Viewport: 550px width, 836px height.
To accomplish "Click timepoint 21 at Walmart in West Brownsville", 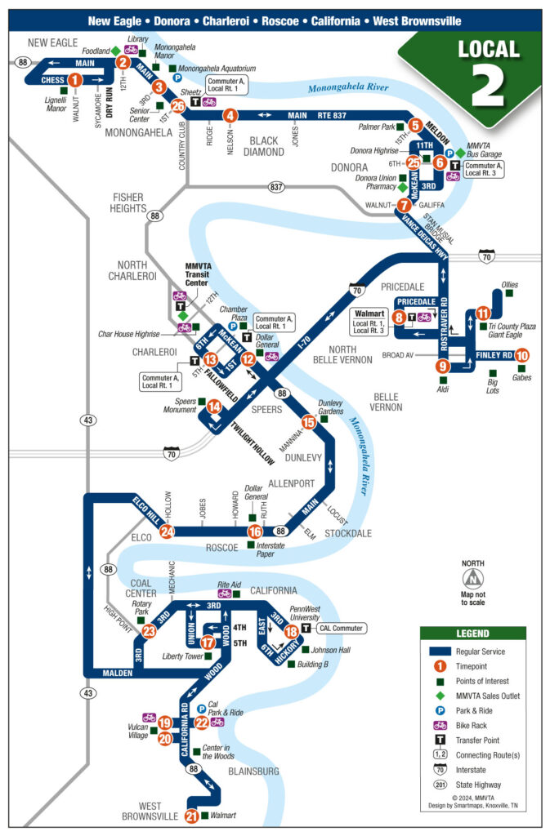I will click(x=191, y=816).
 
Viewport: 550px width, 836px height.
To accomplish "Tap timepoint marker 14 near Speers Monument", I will click(x=214, y=406).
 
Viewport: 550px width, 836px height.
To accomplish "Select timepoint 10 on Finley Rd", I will click(x=522, y=355).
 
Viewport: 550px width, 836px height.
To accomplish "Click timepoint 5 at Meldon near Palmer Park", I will click(x=415, y=126).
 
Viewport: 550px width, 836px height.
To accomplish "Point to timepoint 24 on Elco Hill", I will click(x=167, y=531).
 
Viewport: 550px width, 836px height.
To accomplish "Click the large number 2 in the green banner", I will click(x=488, y=86).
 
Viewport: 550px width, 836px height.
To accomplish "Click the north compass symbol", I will click(x=472, y=578).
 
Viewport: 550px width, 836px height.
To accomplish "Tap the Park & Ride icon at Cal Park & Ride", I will click(x=201, y=709).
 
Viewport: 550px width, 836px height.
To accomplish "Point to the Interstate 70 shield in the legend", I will click(x=440, y=769).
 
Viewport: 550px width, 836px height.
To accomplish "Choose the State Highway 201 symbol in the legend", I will click(x=440, y=785).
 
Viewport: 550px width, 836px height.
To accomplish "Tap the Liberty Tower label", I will click(x=181, y=656).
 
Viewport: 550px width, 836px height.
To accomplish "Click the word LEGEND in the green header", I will click(x=472, y=634).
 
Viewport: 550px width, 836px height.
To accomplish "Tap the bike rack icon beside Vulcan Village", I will click(x=150, y=717).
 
